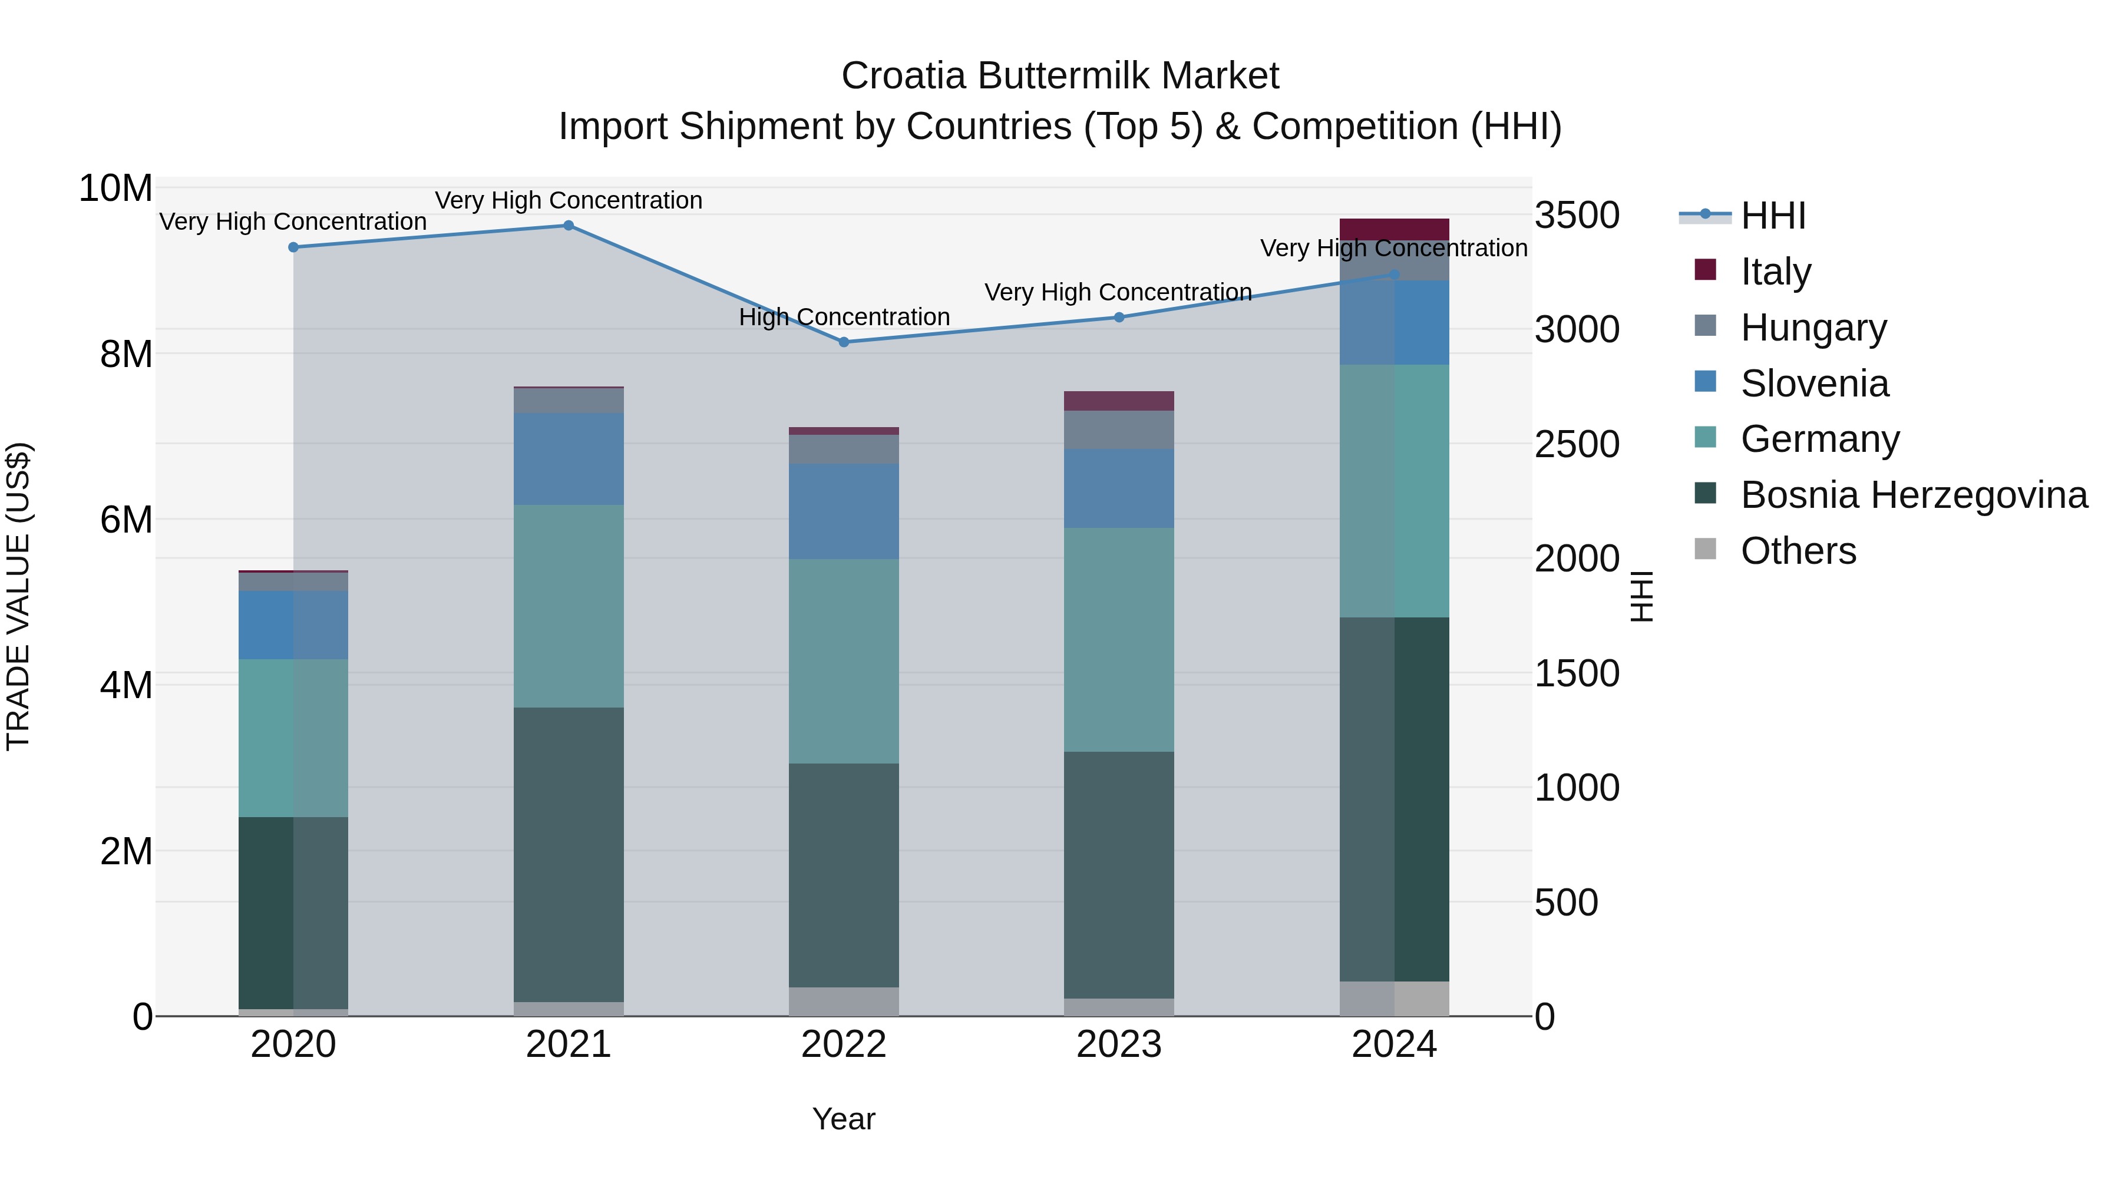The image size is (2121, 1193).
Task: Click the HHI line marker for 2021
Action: click(x=568, y=226)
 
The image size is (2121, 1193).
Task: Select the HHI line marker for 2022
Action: click(x=844, y=342)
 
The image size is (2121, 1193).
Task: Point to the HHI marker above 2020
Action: click(x=293, y=247)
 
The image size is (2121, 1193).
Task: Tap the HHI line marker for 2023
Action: click(x=1119, y=317)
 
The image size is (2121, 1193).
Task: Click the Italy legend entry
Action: click(x=1775, y=272)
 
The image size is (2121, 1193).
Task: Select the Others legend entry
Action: click(x=1798, y=551)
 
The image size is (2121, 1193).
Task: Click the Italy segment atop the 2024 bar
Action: click(x=1394, y=229)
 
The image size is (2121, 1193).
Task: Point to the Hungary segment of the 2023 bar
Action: click(x=1119, y=430)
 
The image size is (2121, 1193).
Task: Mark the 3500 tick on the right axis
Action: click(x=1577, y=216)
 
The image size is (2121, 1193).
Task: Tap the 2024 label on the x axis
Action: click(x=1394, y=1045)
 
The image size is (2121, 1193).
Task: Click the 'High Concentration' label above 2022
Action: click(x=844, y=317)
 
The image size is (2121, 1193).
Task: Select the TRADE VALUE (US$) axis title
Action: click(x=18, y=596)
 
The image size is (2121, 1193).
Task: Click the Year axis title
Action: click(x=843, y=1119)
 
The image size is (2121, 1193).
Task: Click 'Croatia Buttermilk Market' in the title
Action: click(x=1060, y=76)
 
